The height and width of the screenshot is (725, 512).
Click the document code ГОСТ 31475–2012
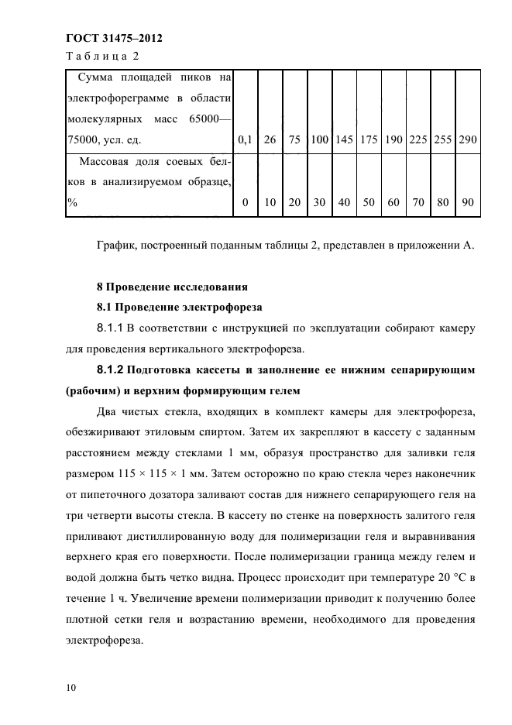(115, 38)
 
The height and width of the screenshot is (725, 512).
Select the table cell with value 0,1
(246, 140)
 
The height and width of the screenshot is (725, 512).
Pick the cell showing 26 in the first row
(270, 140)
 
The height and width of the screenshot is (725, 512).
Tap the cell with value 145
(344, 140)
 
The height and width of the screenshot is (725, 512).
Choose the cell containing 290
(468, 140)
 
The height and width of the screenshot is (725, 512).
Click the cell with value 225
(418, 140)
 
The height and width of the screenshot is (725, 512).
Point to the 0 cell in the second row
(246, 202)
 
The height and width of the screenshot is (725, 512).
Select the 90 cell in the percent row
(468, 202)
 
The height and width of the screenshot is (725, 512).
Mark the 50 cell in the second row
(369, 202)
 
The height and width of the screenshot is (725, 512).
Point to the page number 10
(71, 687)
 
